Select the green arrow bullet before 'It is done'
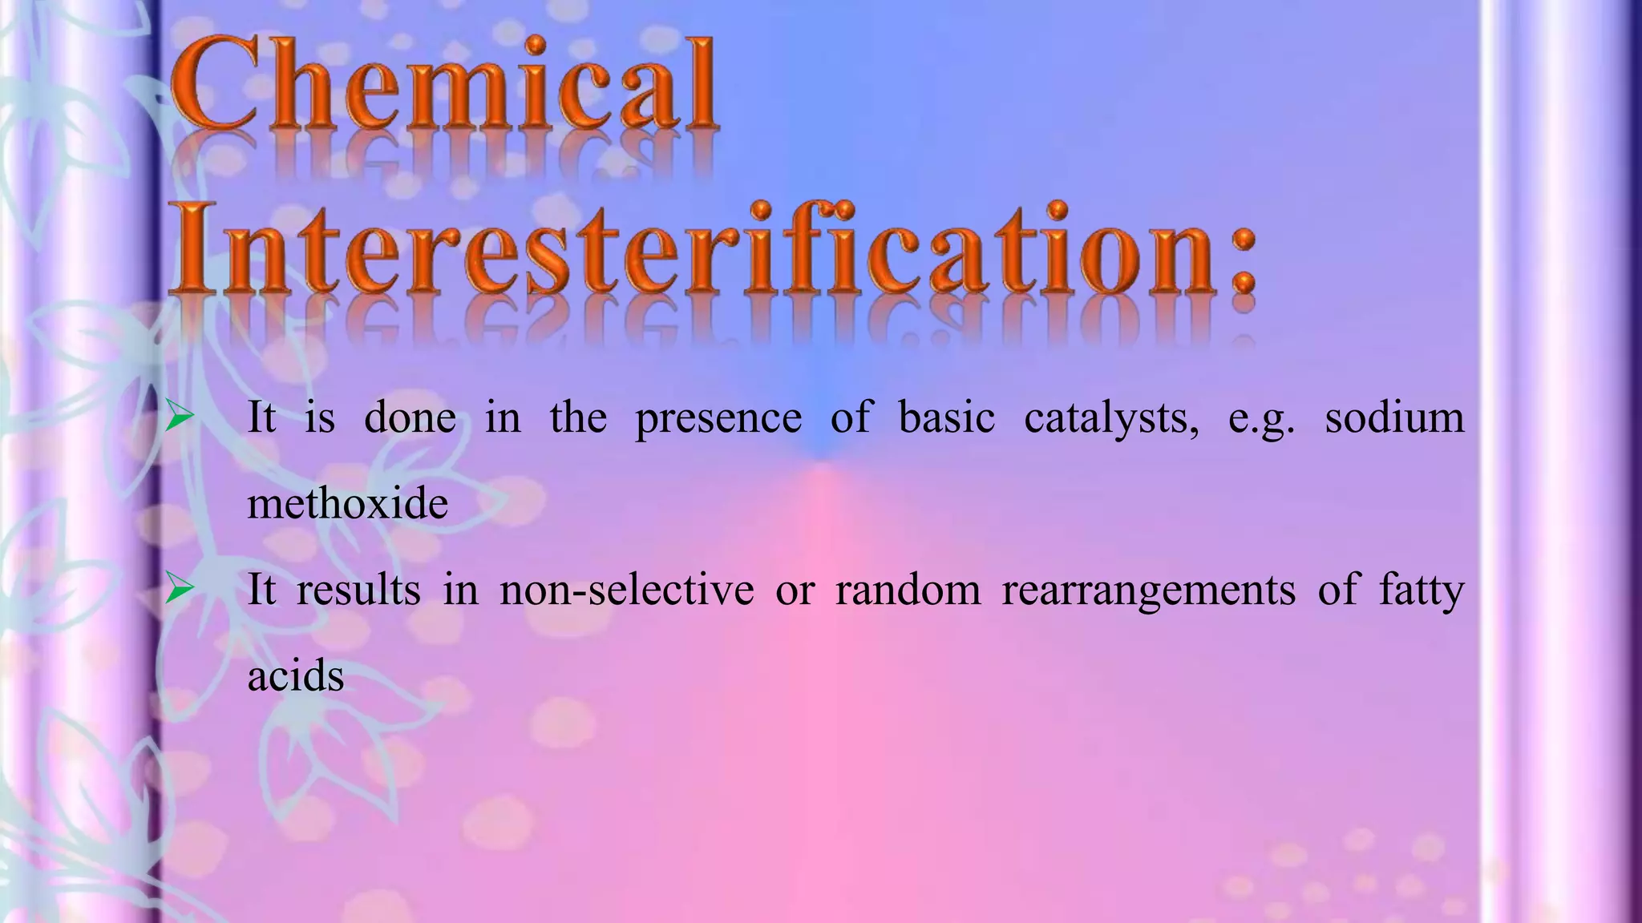[x=180, y=417]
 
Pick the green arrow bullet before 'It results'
[x=180, y=590]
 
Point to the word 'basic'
[x=947, y=417]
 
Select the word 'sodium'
[x=1394, y=417]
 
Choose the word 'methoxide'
[x=347, y=504]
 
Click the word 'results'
[x=358, y=590]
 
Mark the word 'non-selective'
[x=626, y=590]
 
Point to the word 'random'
[x=908, y=590]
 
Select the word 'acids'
[x=295, y=676]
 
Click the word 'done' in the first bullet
[x=410, y=417]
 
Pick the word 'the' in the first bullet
[x=578, y=417]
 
